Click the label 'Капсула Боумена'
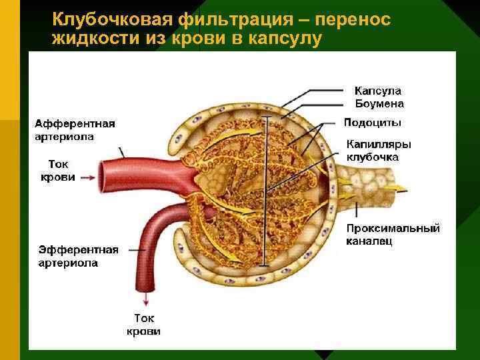click(x=379, y=97)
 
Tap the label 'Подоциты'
click(x=372, y=122)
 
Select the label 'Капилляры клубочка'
click(x=377, y=151)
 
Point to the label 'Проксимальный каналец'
click(x=392, y=234)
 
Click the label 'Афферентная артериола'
click(x=75, y=130)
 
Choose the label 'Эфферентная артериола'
click(x=77, y=256)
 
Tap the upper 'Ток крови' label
click(x=57, y=171)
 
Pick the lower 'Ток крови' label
click(x=143, y=325)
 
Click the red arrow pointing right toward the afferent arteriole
click(x=86, y=177)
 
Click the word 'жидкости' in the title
click(x=94, y=39)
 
